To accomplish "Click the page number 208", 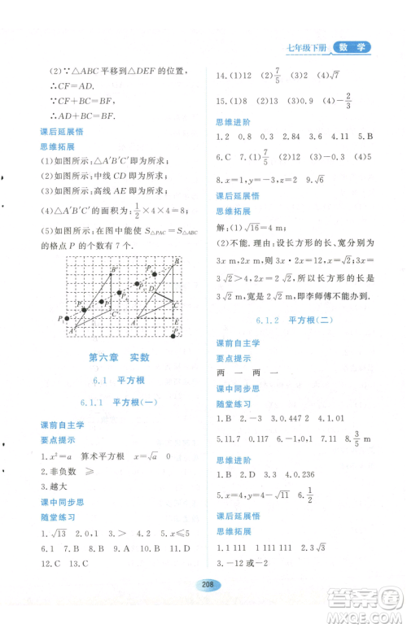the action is click(203, 606).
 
